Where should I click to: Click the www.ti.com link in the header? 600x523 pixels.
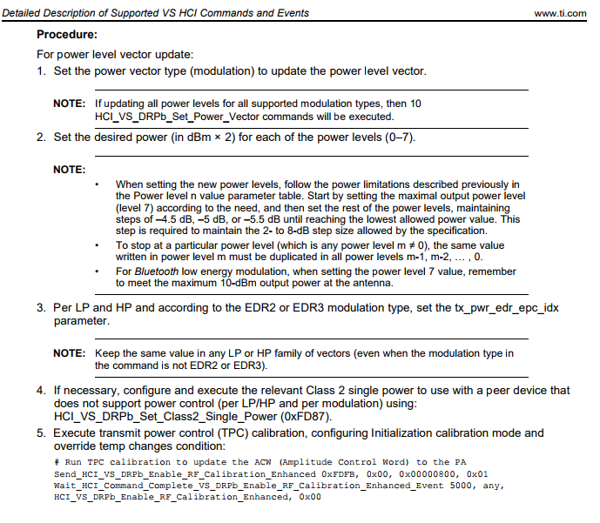pos(563,13)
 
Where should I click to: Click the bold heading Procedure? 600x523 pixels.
pos(67,35)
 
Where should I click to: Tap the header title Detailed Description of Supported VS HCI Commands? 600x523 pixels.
pos(158,13)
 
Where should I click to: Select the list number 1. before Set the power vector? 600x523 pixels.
pos(41,70)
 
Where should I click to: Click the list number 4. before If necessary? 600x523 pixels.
pos(41,391)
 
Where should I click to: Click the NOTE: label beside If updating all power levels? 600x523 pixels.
pos(69,104)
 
